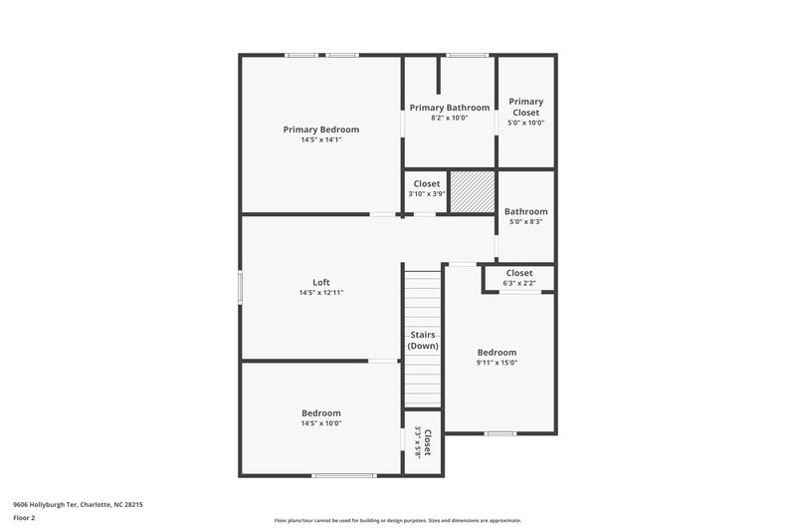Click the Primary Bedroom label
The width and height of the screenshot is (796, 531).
(x=320, y=130)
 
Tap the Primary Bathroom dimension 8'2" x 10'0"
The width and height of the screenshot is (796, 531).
(x=449, y=118)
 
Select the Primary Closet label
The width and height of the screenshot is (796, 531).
(x=525, y=107)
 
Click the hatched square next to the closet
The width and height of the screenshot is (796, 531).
(x=471, y=191)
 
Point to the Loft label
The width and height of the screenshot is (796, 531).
(x=320, y=282)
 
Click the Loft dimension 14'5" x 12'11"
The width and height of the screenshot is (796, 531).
(x=320, y=293)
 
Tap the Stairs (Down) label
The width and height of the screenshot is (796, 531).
(x=423, y=341)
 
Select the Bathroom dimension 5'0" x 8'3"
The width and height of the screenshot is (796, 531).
(x=525, y=222)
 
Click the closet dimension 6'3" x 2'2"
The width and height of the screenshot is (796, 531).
(x=518, y=284)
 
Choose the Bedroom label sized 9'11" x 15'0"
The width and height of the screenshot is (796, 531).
(x=497, y=352)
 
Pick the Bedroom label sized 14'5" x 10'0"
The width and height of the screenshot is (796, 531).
(x=320, y=412)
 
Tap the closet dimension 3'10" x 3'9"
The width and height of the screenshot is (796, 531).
(x=426, y=194)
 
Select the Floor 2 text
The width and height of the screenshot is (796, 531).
(x=25, y=518)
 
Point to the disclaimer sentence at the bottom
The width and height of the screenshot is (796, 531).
(x=397, y=520)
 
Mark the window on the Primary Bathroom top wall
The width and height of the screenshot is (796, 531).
(x=466, y=55)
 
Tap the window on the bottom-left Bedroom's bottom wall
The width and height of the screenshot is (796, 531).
(x=343, y=475)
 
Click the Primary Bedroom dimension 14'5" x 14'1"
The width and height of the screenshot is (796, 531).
(x=320, y=140)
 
